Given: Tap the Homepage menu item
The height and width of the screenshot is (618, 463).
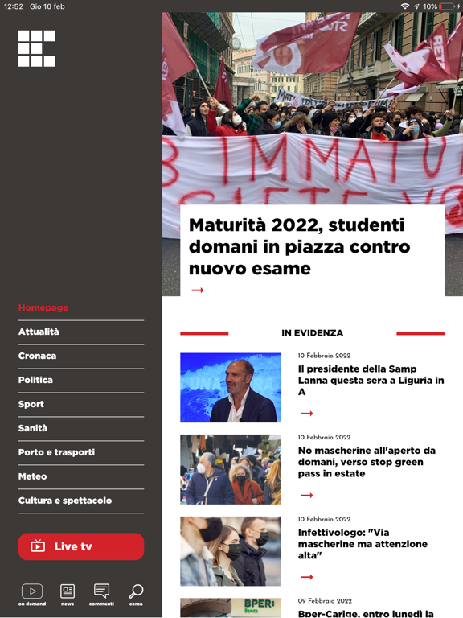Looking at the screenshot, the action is (x=43, y=307).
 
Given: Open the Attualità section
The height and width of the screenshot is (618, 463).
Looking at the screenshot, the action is (x=39, y=332).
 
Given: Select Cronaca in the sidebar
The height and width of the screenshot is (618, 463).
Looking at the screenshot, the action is (x=37, y=356).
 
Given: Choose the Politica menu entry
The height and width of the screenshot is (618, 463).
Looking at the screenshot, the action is (x=35, y=380).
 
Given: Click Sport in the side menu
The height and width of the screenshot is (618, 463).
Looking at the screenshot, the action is (x=31, y=404).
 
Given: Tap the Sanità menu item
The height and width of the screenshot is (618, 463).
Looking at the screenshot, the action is (x=33, y=428).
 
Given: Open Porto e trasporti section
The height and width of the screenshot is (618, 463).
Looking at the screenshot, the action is (x=56, y=452).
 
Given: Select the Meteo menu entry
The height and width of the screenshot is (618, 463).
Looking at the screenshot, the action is (x=33, y=476).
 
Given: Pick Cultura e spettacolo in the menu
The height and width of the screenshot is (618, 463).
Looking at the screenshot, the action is (x=65, y=501).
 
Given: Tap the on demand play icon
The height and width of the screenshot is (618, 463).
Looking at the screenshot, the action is (x=32, y=593).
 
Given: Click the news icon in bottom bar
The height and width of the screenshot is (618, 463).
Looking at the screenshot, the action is (x=68, y=593).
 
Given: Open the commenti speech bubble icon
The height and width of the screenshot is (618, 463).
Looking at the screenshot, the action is (x=101, y=593).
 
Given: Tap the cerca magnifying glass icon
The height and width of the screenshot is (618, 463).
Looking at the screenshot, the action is (x=136, y=593).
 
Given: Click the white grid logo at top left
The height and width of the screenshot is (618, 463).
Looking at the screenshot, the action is (x=37, y=48).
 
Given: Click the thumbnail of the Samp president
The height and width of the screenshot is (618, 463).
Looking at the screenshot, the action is (x=231, y=388).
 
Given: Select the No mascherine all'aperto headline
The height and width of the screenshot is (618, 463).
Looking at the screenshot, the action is (x=367, y=462).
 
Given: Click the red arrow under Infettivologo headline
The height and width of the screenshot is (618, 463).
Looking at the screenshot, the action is (x=306, y=577).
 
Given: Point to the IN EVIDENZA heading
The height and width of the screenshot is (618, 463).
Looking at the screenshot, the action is (x=312, y=333).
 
